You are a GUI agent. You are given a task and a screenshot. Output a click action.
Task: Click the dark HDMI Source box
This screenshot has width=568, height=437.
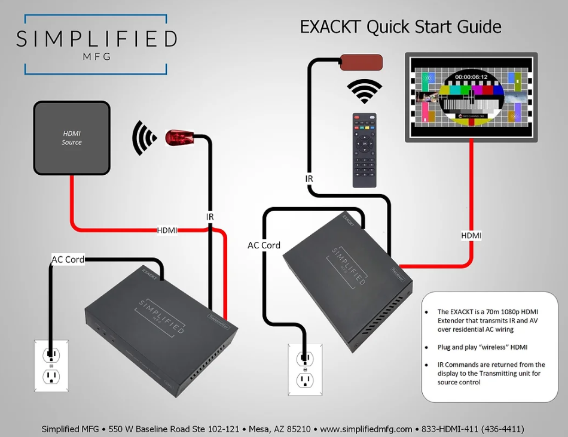tap(72, 138)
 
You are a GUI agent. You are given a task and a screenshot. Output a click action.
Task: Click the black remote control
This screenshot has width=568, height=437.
tap(364, 150)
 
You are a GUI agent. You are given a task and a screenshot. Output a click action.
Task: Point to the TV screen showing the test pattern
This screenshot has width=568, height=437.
tap(471, 97)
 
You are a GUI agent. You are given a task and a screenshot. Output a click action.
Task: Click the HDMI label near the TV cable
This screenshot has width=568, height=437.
tap(471, 236)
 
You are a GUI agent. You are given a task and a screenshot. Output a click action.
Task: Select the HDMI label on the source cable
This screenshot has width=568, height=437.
tap(167, 230)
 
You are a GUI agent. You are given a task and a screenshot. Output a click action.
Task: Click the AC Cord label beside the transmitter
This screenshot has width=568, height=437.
tap(68, 260)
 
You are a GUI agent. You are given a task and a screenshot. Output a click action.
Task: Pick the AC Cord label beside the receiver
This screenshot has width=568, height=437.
tap(264, 245)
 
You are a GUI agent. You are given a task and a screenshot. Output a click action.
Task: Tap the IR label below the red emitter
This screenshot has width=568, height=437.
tap(209, 217)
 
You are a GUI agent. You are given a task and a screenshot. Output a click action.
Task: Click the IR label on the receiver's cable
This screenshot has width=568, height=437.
tap(309, 178)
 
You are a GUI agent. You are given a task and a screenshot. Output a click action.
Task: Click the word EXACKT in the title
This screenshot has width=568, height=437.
tap(331, 27)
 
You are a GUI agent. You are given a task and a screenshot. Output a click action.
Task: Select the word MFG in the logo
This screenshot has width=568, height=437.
tap(96, 57)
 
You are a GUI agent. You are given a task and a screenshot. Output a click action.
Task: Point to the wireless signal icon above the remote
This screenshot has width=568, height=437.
tap(364, 92)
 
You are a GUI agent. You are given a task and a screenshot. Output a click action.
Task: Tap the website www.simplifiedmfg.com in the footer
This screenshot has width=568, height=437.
tap(367, 429)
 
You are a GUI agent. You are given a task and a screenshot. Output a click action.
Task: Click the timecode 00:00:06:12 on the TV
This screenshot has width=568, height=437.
tap(471, 77)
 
